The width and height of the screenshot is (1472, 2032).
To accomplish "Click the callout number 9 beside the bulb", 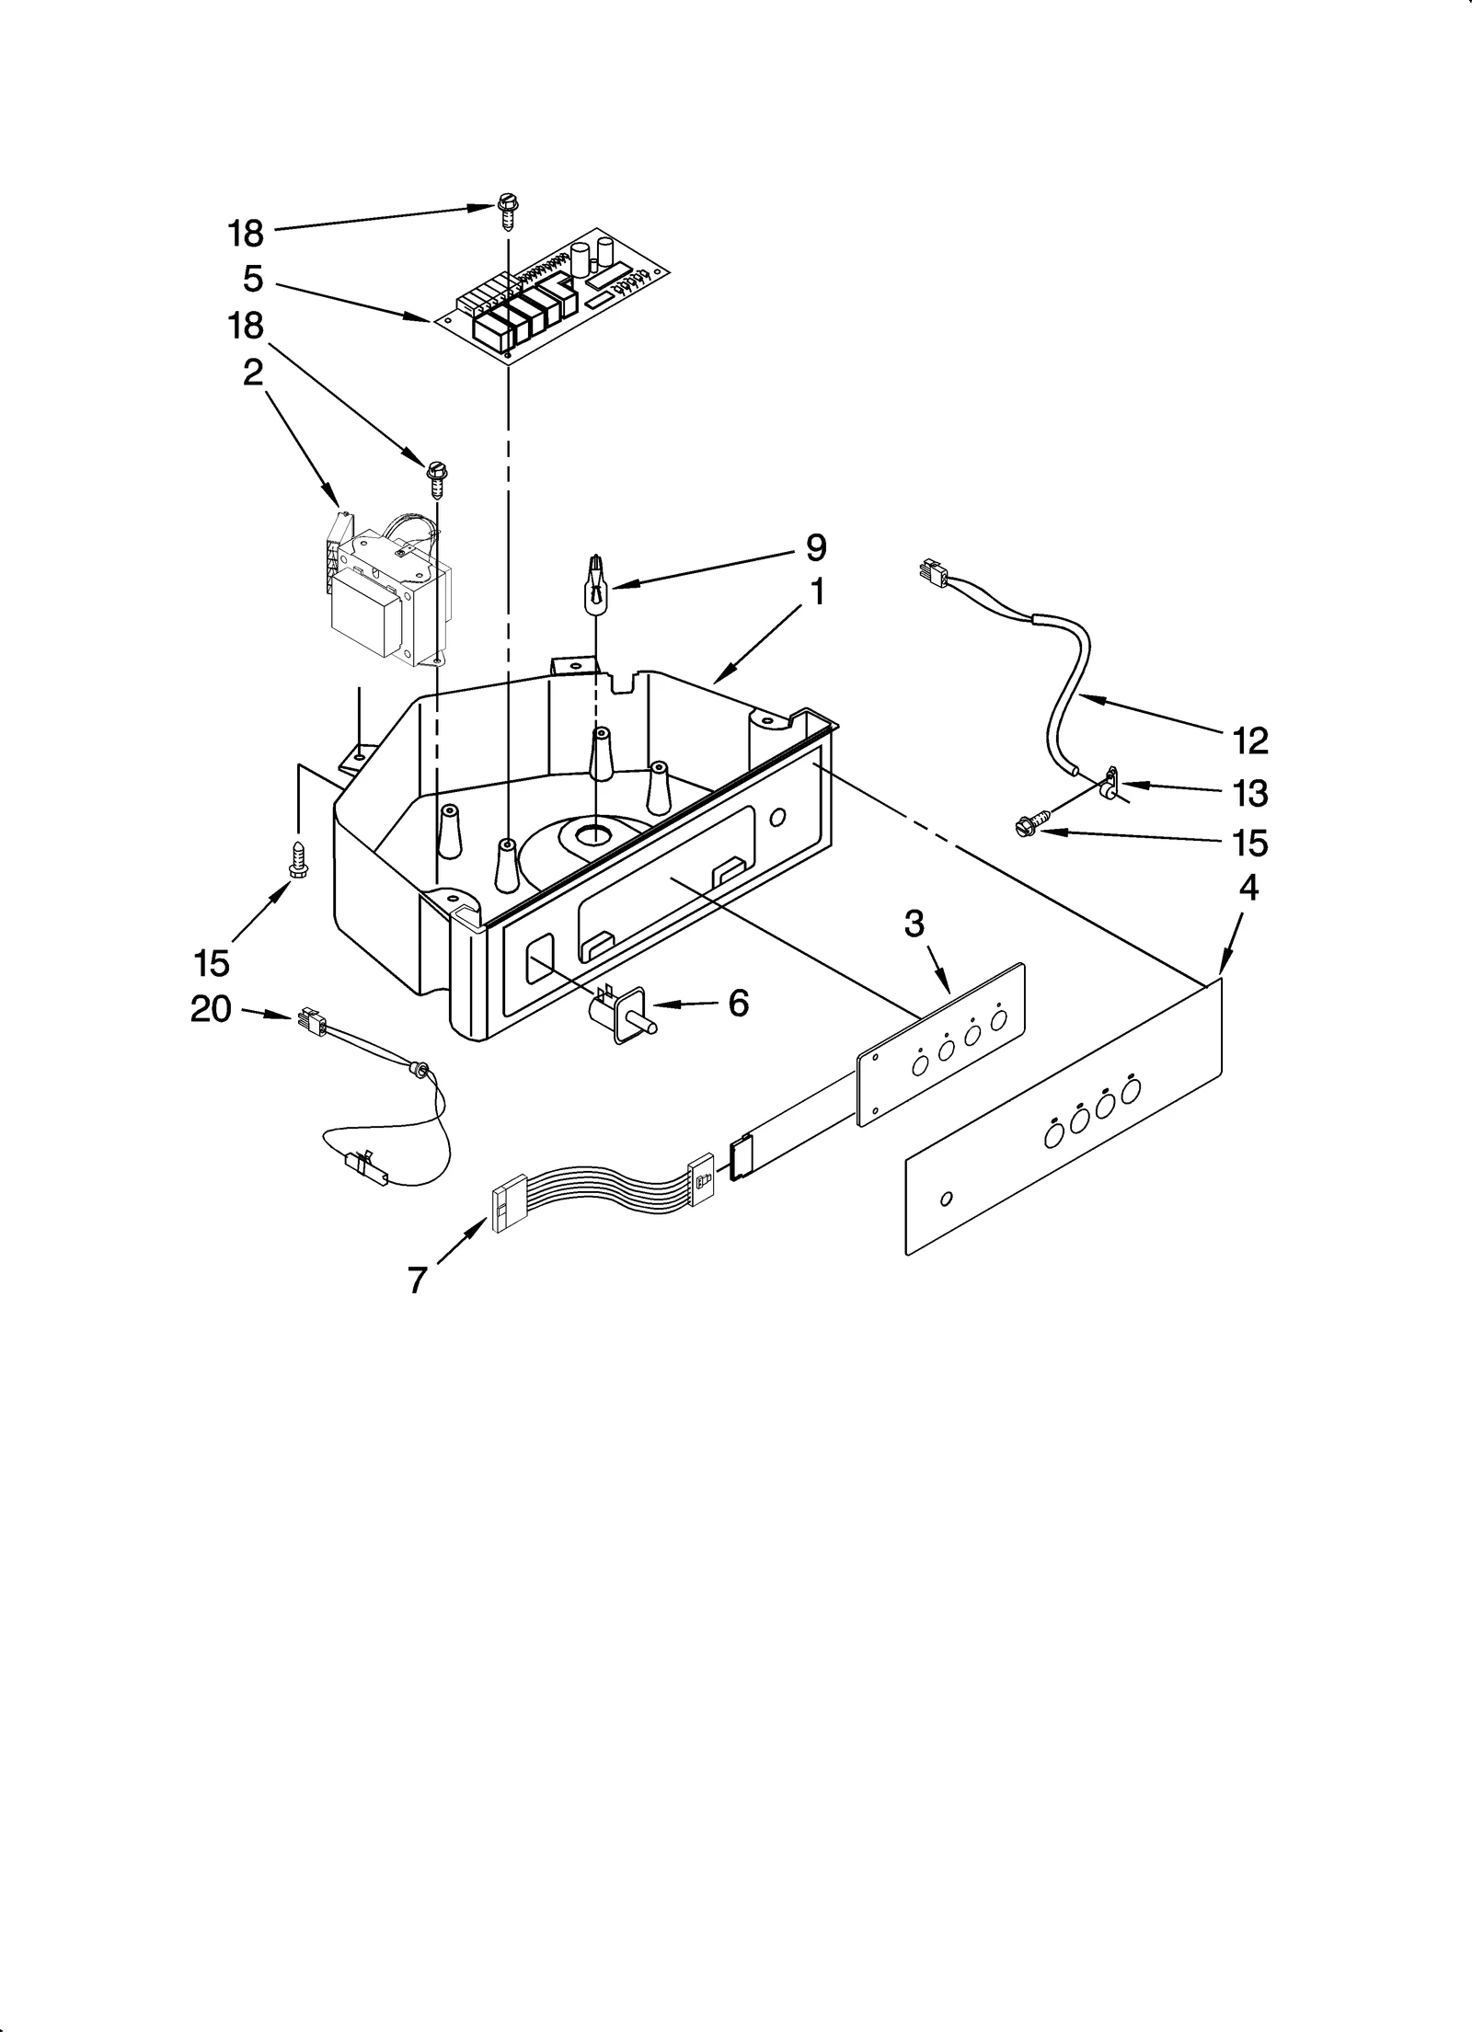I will coord(816,548).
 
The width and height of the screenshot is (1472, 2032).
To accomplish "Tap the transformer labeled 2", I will coord(387,593).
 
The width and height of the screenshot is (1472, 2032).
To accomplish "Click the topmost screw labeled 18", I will coord(506,211).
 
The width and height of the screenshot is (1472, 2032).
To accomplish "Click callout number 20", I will coord(211,1010).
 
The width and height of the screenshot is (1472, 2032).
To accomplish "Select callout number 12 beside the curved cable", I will coord(1249,740).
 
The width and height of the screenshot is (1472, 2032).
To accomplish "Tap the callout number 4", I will coord(1248,890).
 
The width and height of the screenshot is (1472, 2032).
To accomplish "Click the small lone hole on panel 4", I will coord(947,1200).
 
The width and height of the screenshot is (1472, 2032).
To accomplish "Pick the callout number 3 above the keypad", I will coord(913,923).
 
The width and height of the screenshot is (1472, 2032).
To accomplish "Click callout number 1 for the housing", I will coord(816,594).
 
